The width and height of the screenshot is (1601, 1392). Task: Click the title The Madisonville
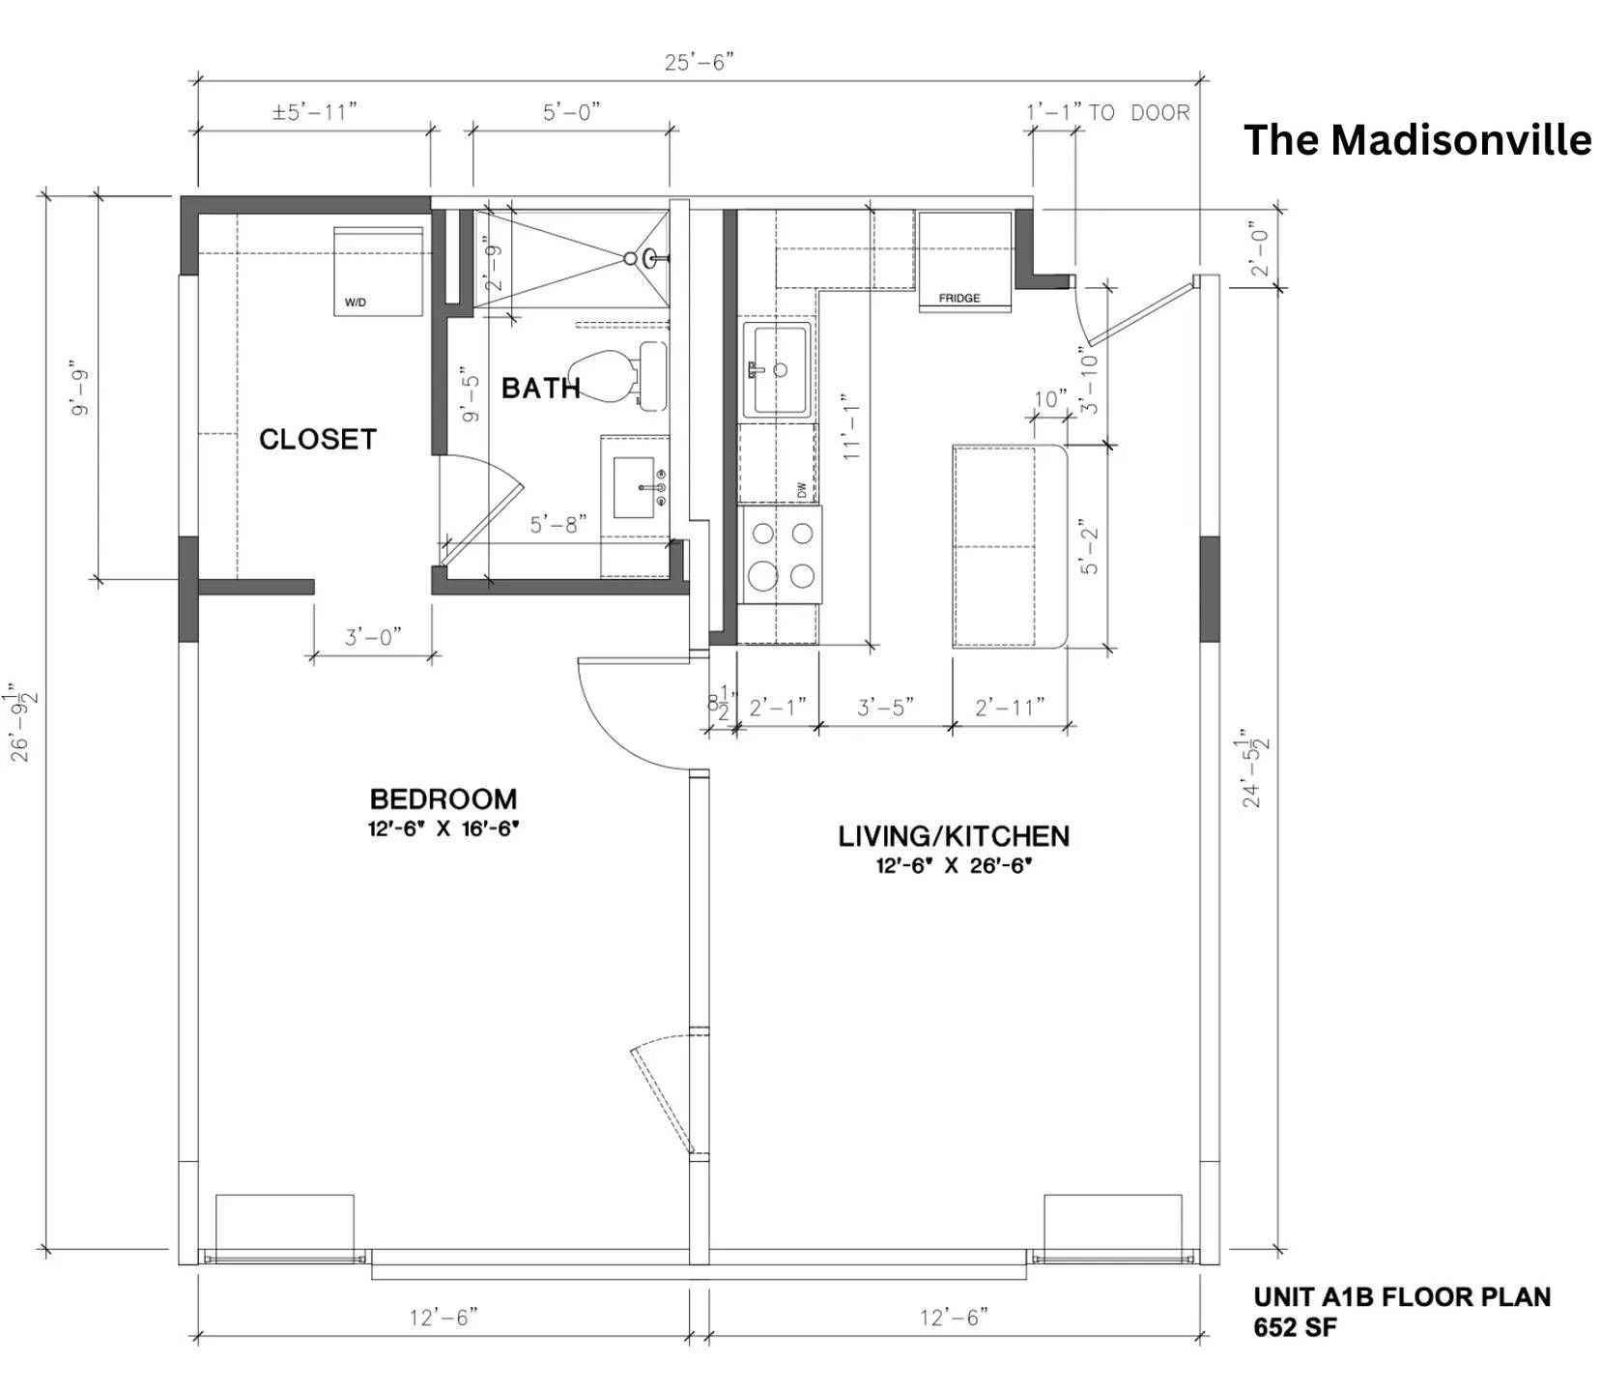(1416, 140)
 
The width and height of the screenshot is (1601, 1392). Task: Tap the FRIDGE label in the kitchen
(958, 299)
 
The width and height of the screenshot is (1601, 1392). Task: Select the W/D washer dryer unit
(379, 272)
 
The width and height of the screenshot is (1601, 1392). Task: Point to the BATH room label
(540, 389)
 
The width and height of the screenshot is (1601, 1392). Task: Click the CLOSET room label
(317, 440)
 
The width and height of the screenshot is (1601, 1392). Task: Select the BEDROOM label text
(443, 799)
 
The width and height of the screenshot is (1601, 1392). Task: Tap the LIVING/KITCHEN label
(953, 836)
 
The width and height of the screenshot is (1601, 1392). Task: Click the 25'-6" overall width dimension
(699, 63)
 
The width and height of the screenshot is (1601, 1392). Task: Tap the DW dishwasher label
(801, 490)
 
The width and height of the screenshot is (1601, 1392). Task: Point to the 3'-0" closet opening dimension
(373, 638)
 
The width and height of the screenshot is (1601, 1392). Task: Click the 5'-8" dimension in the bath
(558, 525)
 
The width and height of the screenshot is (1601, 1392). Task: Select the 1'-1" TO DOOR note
(1107, 113)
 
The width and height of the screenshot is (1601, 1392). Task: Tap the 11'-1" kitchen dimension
(850, 426)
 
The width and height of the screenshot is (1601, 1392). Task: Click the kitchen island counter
(1008, 546)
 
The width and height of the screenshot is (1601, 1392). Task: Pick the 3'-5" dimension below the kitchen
(885, 708)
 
